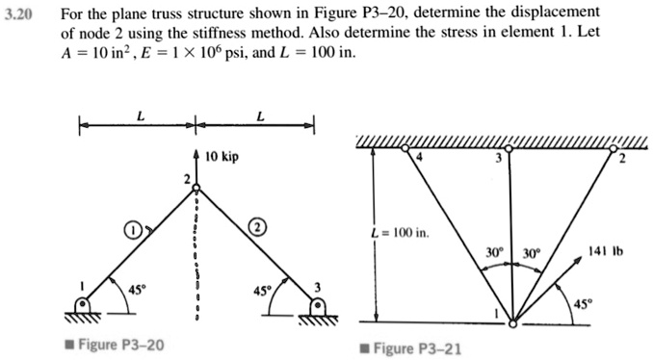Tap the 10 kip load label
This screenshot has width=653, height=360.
click(221, 155)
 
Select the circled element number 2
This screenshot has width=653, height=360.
click(258, 227)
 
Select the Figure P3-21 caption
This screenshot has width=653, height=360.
click(416, 347)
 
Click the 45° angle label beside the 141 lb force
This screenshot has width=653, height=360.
click(585, 306)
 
